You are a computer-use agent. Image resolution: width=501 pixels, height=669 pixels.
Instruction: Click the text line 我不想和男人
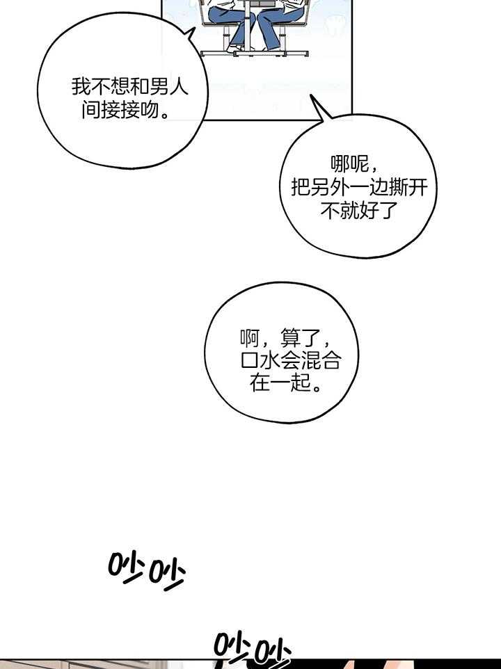(129, 87)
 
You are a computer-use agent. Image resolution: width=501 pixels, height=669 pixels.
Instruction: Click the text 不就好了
(358, 211)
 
